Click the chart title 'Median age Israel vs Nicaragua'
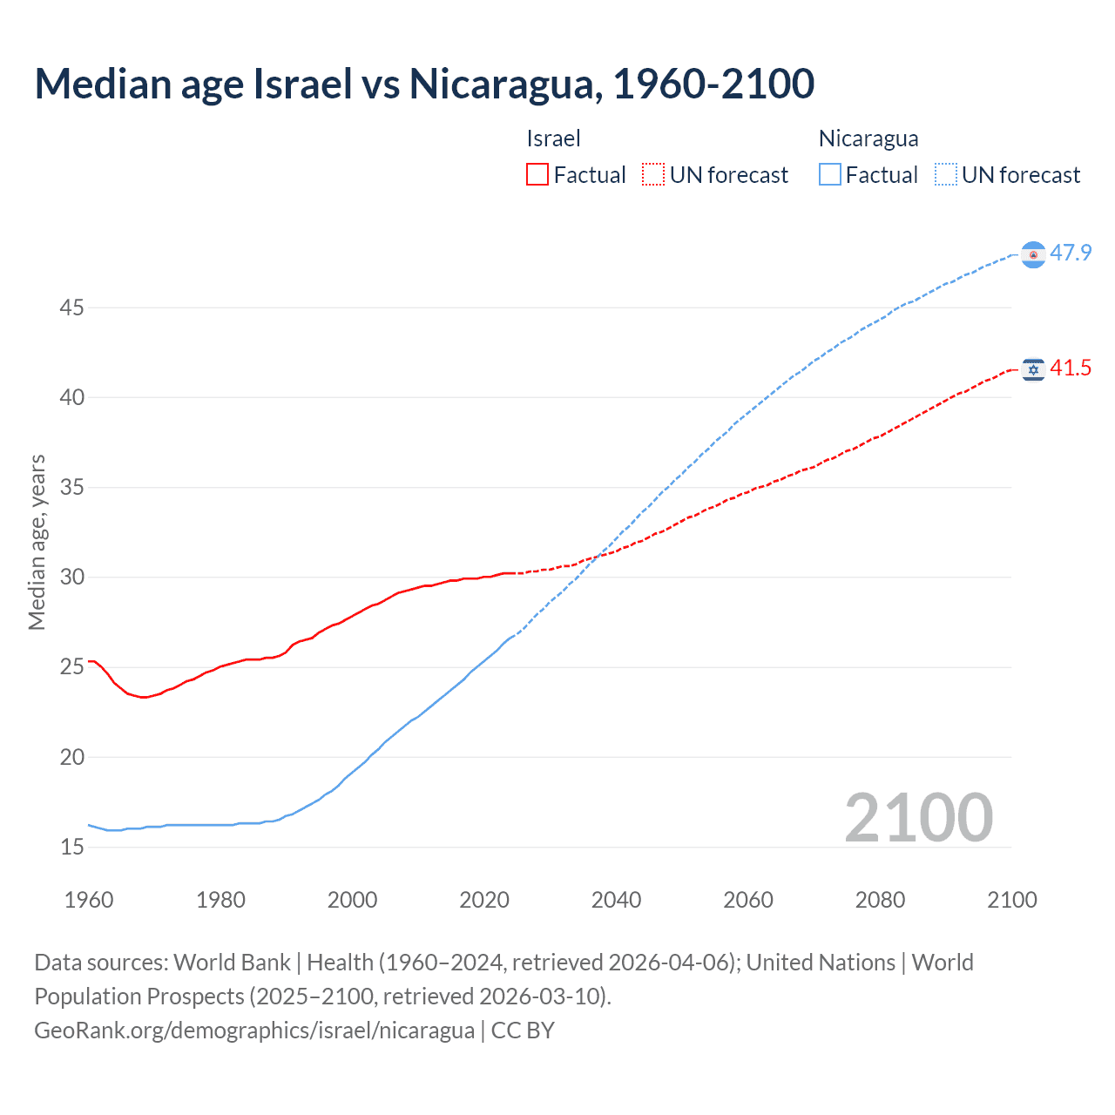[424, 84]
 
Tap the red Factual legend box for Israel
[537, 174]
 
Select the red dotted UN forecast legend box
[653, 174]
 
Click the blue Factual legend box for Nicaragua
[830, 174]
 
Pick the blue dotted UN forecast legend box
[946, 174]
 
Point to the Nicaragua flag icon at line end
[1033, 254]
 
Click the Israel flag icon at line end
[1033, 370]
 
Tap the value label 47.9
[1071, 253]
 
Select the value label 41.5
[1071, 368]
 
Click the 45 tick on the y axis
[71, 307]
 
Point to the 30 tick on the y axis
[71, 577]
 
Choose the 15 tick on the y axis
[71, 846]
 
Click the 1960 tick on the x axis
[89, 900]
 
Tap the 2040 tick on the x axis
[616, 900]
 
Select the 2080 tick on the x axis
[880, 900]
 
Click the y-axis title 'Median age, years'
[37, 542]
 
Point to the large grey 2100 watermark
[918, 817]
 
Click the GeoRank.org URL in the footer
[254, 1031]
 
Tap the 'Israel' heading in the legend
[553, 139]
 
